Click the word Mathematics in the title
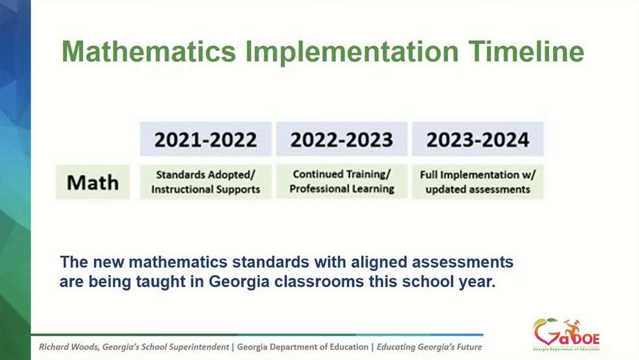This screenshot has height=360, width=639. (x=149, y=52)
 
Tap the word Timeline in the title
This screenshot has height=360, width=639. (x=526, y=52)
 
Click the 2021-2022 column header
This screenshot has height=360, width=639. (x=206, y=139)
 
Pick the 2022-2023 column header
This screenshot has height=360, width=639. (x=342, y=139)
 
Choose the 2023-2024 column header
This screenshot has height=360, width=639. (x=477, y=139)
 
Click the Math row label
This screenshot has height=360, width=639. (x=93, y=182)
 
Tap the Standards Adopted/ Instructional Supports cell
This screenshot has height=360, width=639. (x=206, y=182)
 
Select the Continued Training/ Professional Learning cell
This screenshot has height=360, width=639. (x=342, y=181)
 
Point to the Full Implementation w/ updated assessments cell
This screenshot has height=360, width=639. (x=477, y=182)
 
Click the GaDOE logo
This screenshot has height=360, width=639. (x=567, y=335)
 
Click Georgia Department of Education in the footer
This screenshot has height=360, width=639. (x=303, y=347)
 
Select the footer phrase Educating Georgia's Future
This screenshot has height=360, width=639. (x=429, y=347)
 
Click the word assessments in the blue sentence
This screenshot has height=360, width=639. (x=462, y=262)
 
